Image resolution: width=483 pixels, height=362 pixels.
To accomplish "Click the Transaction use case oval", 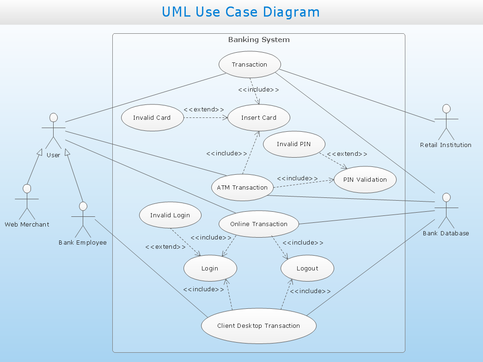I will pyautogui.click(x=250, y=64).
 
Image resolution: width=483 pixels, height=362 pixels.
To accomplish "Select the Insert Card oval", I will pyautogui.click(x=259, y=117).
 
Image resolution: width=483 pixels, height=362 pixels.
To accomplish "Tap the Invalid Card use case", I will pyautogui.click(x=152, y=117).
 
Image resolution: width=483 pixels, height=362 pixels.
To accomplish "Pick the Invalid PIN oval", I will pyautogui.click(x=294, y=144).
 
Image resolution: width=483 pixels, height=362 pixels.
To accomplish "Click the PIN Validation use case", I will pyautogui.click(x=365, y=179).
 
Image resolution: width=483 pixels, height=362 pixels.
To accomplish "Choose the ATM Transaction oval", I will pyautogui.click(x=242, y=187).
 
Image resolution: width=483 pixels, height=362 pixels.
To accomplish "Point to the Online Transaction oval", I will pyautogui.click(x=259, y=224).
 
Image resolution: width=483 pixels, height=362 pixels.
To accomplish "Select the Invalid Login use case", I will pyautogui.click(x=170, y=215).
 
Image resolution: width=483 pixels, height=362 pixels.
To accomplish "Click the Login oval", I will pyautogui.click(x=210, y=268).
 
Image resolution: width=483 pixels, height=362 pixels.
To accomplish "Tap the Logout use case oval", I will pyautogui.click(x=307, y=268).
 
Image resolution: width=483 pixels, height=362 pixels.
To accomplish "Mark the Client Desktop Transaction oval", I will pyautogui.click(x=259, y=325).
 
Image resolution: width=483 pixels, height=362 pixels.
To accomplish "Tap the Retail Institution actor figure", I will pyautogui.click(x=446, y=122).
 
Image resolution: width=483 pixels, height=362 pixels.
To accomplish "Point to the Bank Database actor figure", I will pyautogui.click(x=446, y=211).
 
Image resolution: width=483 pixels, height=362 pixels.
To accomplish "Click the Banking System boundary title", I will pyautogui.click(x=259, y=40).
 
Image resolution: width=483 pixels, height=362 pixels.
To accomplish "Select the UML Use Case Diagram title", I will pyautogui.click(x=241, y=12).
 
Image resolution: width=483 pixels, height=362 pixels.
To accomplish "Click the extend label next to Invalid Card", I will pyautogui.click(x=204, y=110).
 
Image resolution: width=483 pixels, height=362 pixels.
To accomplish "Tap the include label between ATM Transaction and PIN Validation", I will pyautogui.click(x=297, y=178).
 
